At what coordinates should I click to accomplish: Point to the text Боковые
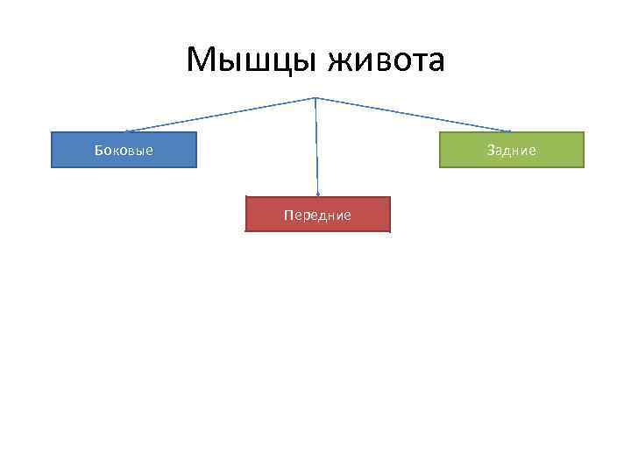click(124, 151)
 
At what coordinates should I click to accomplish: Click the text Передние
click(317, 215)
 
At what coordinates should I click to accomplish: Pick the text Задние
click(512, 151)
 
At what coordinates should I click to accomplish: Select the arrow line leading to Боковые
click(219, 115)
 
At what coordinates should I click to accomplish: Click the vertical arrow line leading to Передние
click(316, 145)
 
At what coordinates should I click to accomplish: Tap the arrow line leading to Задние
click(412, 115)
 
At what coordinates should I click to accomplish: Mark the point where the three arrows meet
click(315, 97)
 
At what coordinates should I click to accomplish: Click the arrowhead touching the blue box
click(128, 131)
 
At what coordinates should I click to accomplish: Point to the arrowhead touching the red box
click(317, 193)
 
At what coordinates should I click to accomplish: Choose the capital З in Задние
click(491, 151)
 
